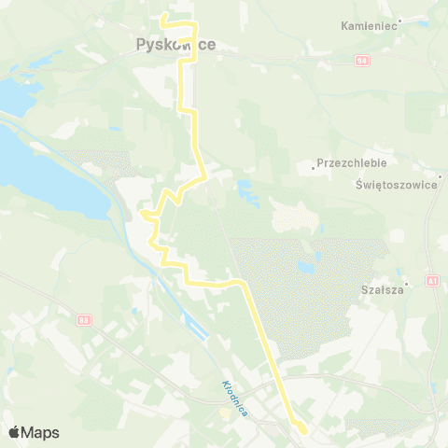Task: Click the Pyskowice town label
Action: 175,44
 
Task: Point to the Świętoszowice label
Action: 397,185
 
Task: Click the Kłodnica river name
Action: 233,398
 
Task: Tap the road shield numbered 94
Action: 361,60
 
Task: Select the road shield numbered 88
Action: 85,320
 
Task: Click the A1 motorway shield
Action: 433,279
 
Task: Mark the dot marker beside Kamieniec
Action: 399,21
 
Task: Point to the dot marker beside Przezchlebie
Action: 313,168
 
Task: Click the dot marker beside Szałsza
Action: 407,282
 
